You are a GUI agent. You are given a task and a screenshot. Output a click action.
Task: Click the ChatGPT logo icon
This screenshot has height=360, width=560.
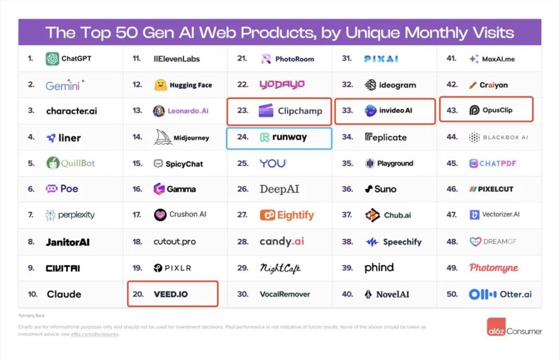(x=53, y=59)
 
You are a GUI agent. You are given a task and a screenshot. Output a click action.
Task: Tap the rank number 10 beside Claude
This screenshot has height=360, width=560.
(x=32, y=294)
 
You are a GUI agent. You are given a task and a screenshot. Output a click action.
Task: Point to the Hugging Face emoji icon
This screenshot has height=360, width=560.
(x=160, y=85)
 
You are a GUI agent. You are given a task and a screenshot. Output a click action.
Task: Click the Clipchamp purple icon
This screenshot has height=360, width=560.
(x=265, y=111)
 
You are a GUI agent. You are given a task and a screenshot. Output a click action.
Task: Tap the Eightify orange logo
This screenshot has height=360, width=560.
(x=268, y=216)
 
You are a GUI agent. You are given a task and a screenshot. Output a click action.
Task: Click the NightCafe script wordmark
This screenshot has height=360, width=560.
(x=280, y=268)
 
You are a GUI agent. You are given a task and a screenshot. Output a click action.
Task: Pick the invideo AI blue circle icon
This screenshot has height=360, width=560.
(x=370, y=111)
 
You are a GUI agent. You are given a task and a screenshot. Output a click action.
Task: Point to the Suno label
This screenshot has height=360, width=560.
(x=385, y=189)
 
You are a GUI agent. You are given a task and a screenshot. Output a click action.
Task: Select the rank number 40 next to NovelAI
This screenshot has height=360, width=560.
(x=347, y=294)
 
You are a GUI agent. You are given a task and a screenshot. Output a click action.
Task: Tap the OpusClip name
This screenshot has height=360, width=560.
(x=497, y=111)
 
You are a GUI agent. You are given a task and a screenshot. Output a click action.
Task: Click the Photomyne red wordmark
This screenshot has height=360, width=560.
(x=494, y=268)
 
